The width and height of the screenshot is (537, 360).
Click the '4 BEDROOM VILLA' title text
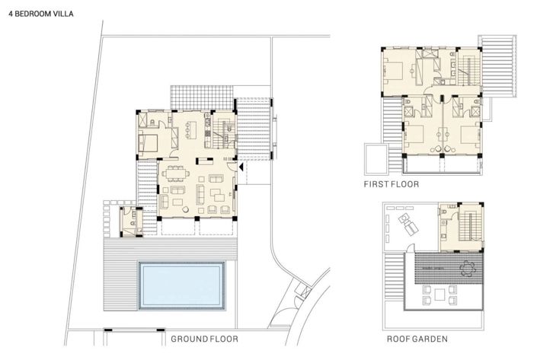(38, 14)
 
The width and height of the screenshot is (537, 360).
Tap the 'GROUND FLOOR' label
(204, 339)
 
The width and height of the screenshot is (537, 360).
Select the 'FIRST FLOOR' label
(391, 185)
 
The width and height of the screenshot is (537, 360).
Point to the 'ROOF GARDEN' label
(416, 339)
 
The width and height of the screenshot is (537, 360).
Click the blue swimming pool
(182, 282)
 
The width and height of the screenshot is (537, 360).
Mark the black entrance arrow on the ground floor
(241, 166)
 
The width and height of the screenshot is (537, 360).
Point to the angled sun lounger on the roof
(407, 225)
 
